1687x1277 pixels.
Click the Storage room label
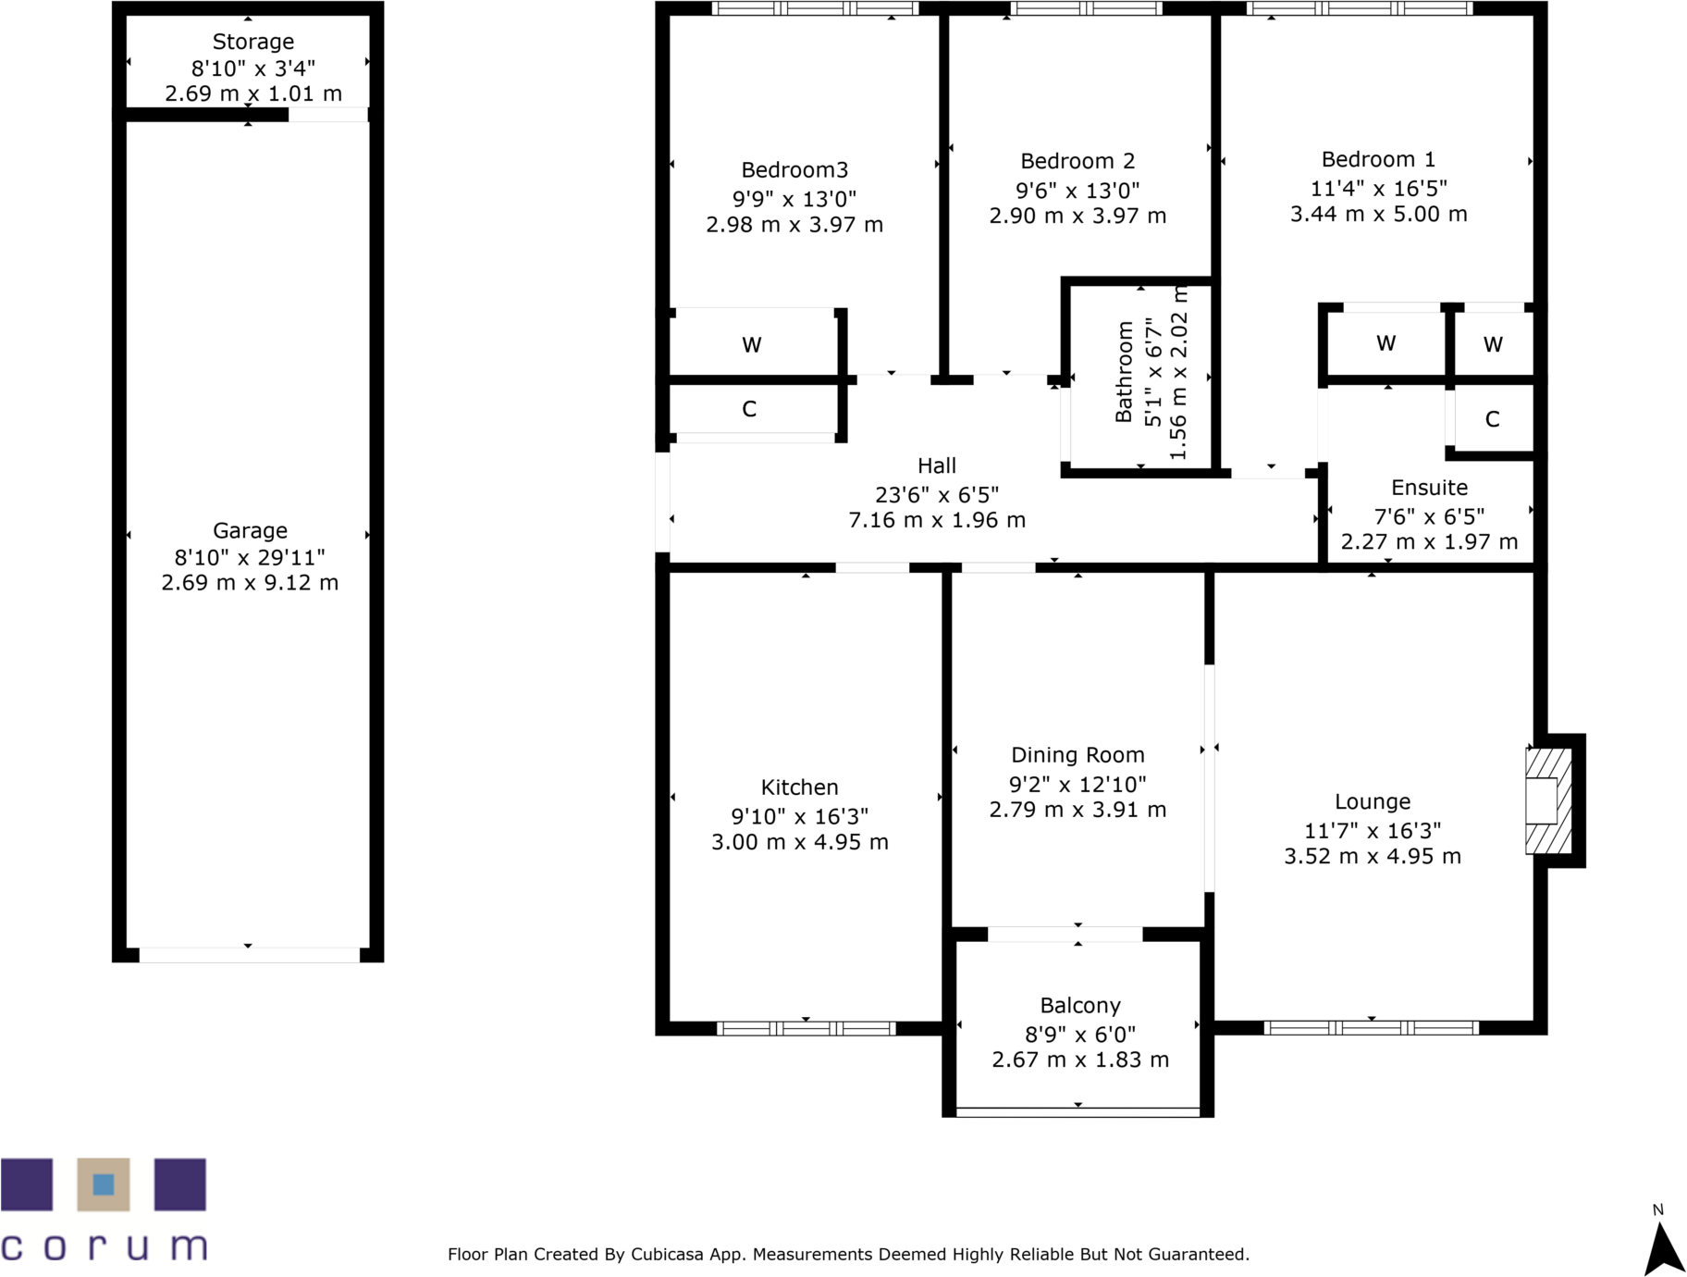[x=252, y=42]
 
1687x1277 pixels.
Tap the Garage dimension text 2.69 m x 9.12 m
[x=250, y=583]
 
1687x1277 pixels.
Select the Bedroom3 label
[x=794, y=170]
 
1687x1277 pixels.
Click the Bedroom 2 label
[x=1077, y=161]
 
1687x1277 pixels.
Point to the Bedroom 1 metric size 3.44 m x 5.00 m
[x=1378, y=214]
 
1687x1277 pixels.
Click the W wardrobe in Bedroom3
[x=751, y=345]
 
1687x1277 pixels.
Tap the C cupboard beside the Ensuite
[x=1492, y=419]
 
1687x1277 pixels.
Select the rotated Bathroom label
[x=1124, y=371]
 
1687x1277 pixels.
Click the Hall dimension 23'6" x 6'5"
[x=936, y=494]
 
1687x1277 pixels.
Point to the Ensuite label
[x=1429, y=488]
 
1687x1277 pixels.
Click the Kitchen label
[x=799, y=787]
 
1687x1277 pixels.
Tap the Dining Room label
[x=1077, y=755]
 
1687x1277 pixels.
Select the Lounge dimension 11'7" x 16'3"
[x=1372, y=830]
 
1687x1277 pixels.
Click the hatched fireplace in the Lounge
[x=1547, y=801]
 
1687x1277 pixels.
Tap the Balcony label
[x=1079, y=1006]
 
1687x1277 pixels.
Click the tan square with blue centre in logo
[x=103, y=1184]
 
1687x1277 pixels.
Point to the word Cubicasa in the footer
[x=665, y=1255]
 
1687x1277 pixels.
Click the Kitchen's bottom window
[x=806, y=1028]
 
